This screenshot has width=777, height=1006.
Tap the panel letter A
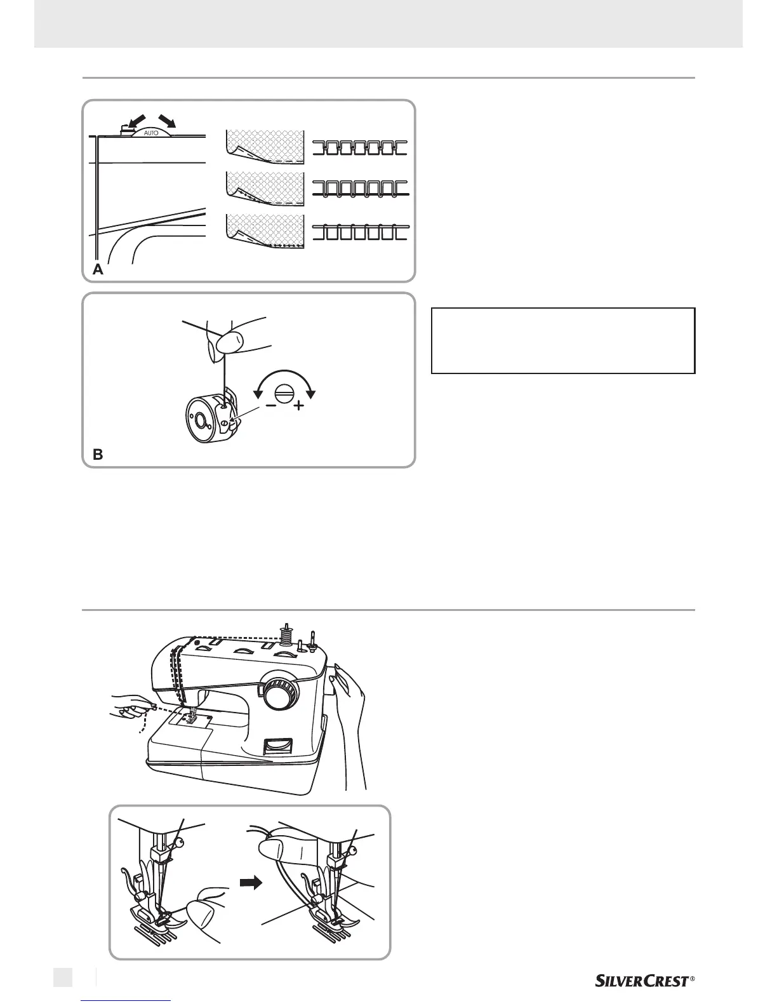point(98,269)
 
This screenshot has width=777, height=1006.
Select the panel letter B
point(98,455)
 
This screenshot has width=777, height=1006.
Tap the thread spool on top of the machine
point(285,634)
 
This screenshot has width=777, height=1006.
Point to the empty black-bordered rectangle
point(563,340)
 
